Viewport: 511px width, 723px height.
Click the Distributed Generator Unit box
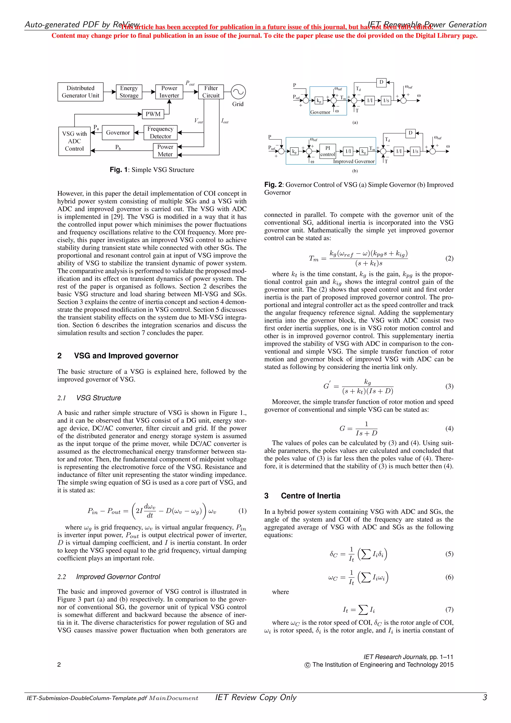(x=80, y=92)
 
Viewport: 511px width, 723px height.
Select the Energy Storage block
(x=129, y=92)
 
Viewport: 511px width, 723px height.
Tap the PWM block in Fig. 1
(x=153, y=114)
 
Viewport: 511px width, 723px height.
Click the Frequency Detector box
(x=160, y=133)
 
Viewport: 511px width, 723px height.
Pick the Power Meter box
(x=165, y=151)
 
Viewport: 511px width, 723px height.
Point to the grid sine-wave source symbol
(x=238, y=92)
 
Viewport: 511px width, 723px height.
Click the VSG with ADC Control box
(x=74, y=141)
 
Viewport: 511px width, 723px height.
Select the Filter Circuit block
(x=211, y=92)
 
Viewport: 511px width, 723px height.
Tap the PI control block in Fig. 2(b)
(x=328, y=151)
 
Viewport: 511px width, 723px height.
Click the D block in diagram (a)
(x=381, y=82)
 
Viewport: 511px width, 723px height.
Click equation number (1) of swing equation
(x=242, y=511)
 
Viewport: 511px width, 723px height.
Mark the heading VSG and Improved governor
(x=126, y=356)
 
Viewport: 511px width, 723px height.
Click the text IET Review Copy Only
(x=256, y=698)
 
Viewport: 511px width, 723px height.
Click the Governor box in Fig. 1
(x=118, y=133)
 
